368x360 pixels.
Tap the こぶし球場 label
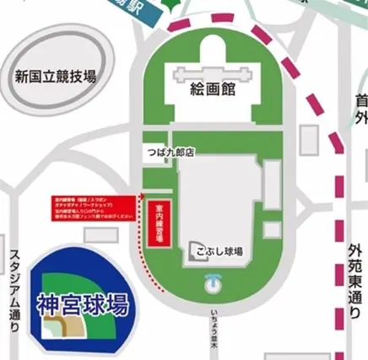(221, 250)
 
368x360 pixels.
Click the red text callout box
(89, 207)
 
